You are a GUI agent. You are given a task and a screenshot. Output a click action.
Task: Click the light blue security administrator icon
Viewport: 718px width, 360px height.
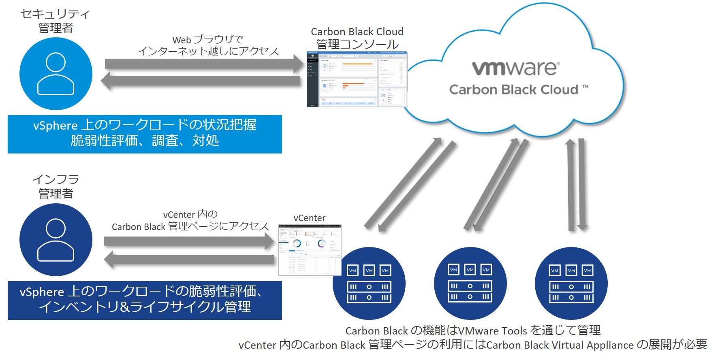[56, 74]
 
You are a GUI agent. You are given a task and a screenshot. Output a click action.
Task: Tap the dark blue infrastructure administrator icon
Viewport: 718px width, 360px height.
[56, 240]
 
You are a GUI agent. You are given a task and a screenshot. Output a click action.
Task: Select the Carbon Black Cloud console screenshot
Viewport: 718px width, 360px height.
[357, 79]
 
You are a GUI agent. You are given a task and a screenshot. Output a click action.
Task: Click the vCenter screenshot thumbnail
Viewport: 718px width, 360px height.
[310, 250]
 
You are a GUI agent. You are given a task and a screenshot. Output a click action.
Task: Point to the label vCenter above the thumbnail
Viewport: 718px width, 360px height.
[310, 218]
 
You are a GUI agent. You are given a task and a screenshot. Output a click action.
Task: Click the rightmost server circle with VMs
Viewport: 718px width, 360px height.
[571, 283]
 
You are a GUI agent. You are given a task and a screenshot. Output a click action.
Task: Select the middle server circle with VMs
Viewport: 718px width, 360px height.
[470, 283]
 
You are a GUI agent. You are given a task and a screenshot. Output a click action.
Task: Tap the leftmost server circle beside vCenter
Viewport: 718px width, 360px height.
[369, 283]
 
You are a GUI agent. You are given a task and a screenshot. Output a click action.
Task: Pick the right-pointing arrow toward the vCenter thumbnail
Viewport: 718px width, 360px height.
[188, 241]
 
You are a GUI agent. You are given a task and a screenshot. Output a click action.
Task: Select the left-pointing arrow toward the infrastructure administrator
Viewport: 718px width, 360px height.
[189, 259]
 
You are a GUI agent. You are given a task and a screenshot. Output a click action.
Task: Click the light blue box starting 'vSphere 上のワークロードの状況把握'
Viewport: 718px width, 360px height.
[145, 134]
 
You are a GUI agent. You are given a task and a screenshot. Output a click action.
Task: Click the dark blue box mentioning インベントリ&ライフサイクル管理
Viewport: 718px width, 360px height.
[145, 300]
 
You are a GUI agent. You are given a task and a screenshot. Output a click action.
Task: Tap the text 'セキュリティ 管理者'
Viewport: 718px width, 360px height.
[56, 21]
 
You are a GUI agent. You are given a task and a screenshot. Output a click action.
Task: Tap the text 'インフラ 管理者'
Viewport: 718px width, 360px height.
[56, 186]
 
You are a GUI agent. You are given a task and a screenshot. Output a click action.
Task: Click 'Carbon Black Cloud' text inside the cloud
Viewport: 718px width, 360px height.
[513, 89]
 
